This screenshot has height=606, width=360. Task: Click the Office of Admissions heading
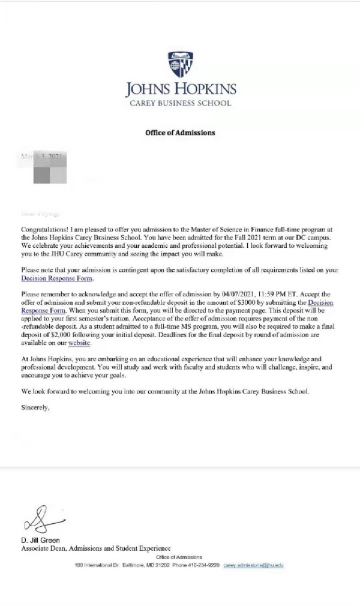pos(180,133)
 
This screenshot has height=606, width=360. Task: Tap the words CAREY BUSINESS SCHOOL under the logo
pos(180,103)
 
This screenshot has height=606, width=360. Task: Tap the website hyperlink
pos(80,343)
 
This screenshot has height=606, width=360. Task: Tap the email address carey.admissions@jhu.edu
pos(253,565)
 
